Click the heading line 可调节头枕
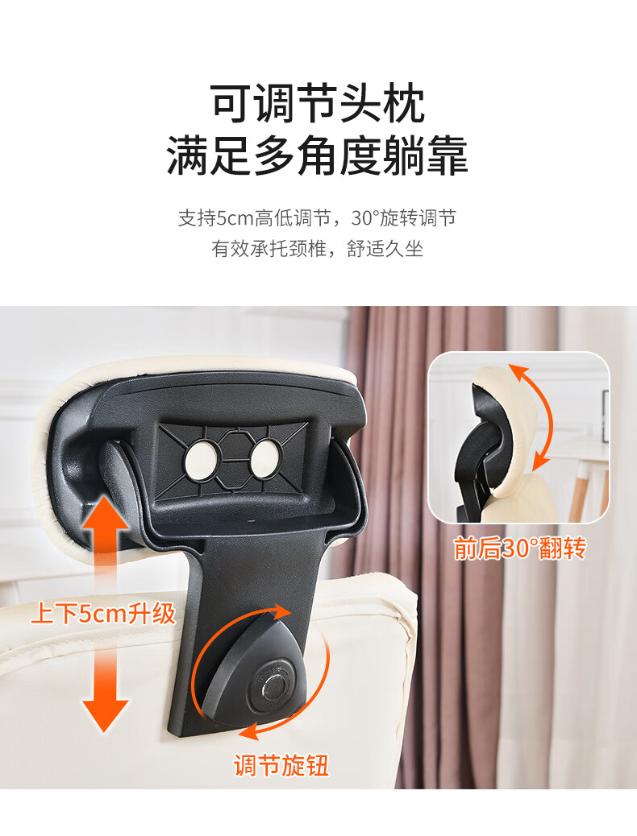click(x=318, y=103)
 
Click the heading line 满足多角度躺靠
click(x=318, y=155)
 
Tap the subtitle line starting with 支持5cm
click(x=318, y=218)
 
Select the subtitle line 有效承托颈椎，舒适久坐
click(x=318, y=248)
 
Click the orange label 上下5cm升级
click(x=103, y=614)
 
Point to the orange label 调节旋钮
click(x=281, y=766)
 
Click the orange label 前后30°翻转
click(x=520, y=548)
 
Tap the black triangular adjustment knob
click(x=256, y=672)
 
